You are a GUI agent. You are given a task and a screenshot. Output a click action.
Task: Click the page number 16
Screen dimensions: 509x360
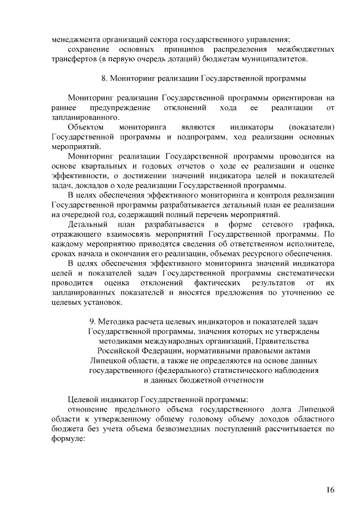click(330, 489)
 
